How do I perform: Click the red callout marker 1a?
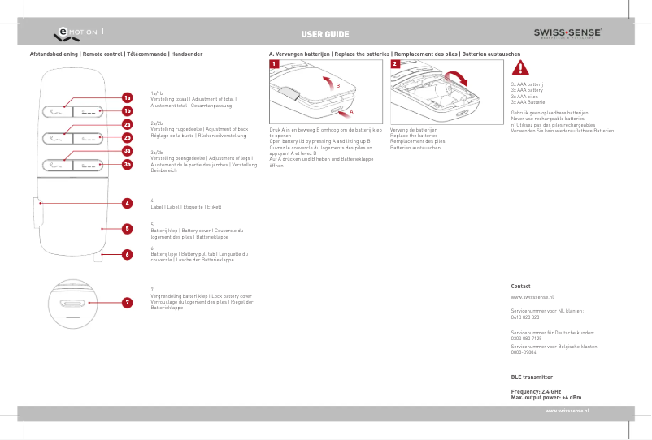click(x=127, y=97)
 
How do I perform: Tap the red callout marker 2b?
click(x=127, y=138)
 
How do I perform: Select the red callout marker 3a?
click(x=127, y=151)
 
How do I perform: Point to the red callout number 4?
click(x=127, y=203)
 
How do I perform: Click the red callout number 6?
click(x=127, y=254)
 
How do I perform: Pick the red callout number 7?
click(x=127, y=303)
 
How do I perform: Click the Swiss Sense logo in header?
click(x=567, y=33)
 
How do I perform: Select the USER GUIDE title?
click(x=325, y=34)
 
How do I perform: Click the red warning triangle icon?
click(x=519, y=68)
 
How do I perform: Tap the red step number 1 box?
click(x=275, y=63)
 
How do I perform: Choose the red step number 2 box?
click(x=395, y=63)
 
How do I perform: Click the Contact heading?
click(x=520, y=287)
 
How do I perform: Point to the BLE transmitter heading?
click(x=532, y=377)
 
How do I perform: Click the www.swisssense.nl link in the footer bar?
click(x=567, y=412)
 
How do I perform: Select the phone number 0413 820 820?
click(x=525, y=317)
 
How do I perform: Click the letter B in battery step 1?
click(x=337, y=85)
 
